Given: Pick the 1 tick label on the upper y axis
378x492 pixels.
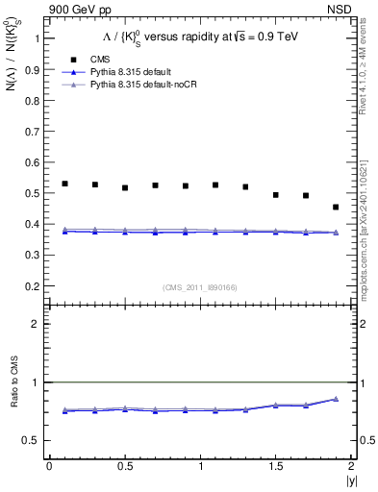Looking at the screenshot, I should [x=37, y=39].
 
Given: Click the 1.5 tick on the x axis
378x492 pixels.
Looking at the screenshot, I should [x=276, y=466].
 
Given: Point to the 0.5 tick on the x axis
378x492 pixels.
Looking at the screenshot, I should [x=125, y=466].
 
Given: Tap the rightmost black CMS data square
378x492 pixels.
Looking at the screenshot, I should [x=336, y=207].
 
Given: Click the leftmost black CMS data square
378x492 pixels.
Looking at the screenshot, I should [x=64, y=184].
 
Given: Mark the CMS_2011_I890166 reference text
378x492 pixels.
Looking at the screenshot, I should [x=200, y=287].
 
